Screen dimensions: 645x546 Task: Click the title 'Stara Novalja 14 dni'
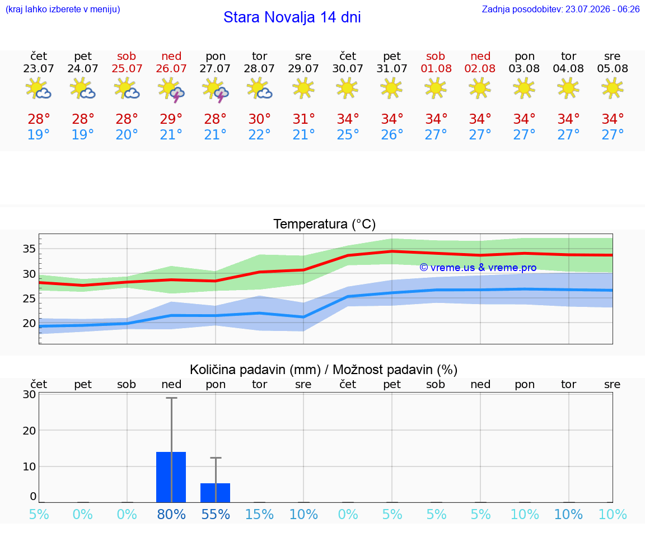(x=292, y=17)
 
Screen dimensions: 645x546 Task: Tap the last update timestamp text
(x=560, y=9)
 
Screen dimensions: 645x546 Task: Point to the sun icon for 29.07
(x=303, y=88)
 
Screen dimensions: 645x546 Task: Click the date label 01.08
(x=436, y=68)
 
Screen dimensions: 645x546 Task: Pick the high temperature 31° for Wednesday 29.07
(x=303, y=119)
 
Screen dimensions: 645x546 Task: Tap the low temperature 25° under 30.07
(x=348, y=134)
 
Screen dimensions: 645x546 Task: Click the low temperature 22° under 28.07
(x=259, y=134)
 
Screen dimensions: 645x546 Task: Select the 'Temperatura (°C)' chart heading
(x=325, y=224)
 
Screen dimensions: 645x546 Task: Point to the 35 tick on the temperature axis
(x=29, y=249)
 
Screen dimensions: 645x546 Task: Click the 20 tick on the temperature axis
(x=29, y=324)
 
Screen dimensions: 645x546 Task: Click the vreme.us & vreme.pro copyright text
(x=478, y=268)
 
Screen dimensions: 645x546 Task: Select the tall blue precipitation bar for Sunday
(x=171, y=477)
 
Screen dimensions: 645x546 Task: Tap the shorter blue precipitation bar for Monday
(x=215, y=493)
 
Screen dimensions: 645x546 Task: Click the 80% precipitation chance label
(x=171, y=514)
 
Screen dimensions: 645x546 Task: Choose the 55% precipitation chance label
(x=216, y=514)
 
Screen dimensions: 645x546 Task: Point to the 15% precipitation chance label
(x=259, y=514)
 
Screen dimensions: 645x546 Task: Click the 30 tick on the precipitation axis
(x=29, y=394)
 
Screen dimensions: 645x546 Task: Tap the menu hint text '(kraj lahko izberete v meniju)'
(x=63, y=9)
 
